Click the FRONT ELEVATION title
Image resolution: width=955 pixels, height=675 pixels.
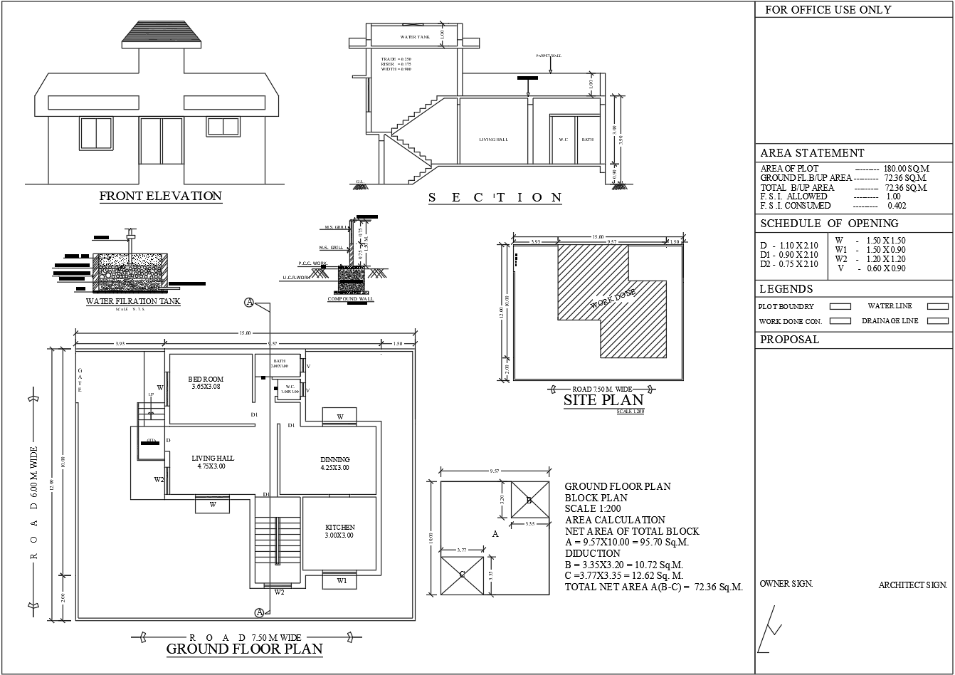(160, 196)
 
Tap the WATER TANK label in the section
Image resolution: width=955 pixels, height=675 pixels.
(415, 37)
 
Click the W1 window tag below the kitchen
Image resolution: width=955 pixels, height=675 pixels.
(342, 580)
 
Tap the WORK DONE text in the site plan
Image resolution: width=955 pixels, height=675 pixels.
(613, 298)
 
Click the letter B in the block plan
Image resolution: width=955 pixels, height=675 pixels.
(529, 501)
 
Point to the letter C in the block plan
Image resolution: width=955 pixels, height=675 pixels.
(462, 576)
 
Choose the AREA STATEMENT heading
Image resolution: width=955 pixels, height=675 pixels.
(812, 153)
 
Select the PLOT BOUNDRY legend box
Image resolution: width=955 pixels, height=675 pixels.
(840, 306)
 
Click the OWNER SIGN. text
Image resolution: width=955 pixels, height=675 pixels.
(786, 584)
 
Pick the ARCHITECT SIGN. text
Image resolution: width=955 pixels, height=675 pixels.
(912, 585)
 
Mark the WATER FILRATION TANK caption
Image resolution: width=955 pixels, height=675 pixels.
(133, 301)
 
